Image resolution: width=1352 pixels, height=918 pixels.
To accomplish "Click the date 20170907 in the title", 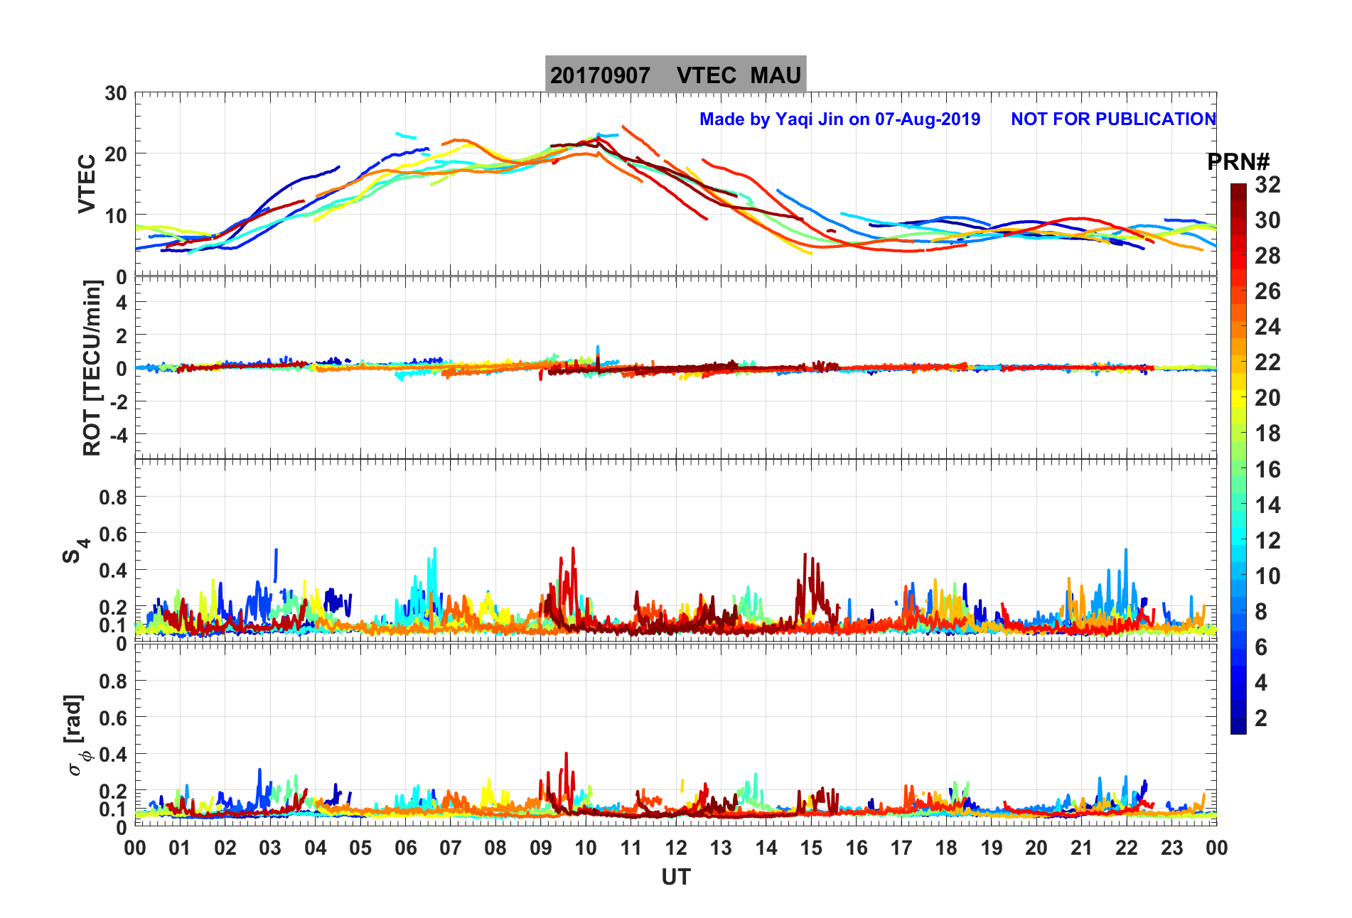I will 600,75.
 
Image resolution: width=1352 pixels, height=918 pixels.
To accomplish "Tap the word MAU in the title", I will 776,75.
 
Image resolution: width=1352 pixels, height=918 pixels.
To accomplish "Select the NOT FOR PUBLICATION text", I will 1113,119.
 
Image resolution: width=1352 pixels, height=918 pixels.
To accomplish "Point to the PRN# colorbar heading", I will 1238,162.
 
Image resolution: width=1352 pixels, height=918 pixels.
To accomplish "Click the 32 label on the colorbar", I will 1267,185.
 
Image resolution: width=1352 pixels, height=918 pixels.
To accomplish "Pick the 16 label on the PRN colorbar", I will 1267,470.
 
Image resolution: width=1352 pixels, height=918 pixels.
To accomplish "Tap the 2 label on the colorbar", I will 1261,718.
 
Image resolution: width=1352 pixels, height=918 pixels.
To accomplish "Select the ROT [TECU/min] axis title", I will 92,367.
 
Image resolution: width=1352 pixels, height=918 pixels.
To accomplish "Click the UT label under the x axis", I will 675,877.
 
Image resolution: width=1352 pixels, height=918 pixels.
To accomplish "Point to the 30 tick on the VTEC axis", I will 116,93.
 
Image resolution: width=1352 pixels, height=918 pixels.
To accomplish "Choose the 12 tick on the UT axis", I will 676,848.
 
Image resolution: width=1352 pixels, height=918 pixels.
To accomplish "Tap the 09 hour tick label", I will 541,848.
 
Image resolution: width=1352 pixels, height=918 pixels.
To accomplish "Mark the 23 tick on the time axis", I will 1171,848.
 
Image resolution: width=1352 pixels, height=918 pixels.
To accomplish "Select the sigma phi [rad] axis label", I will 77,735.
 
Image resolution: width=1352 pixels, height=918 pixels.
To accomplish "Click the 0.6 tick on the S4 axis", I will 113,534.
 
